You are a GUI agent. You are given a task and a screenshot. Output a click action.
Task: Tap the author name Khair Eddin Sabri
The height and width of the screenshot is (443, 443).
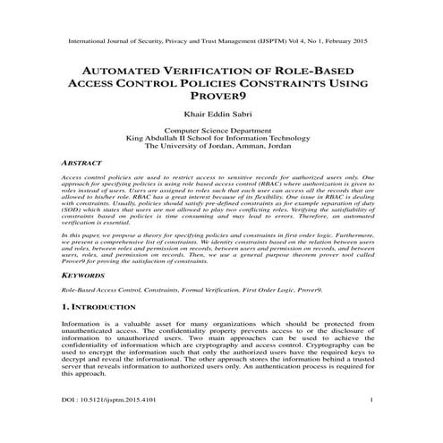[x=221, y=115]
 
